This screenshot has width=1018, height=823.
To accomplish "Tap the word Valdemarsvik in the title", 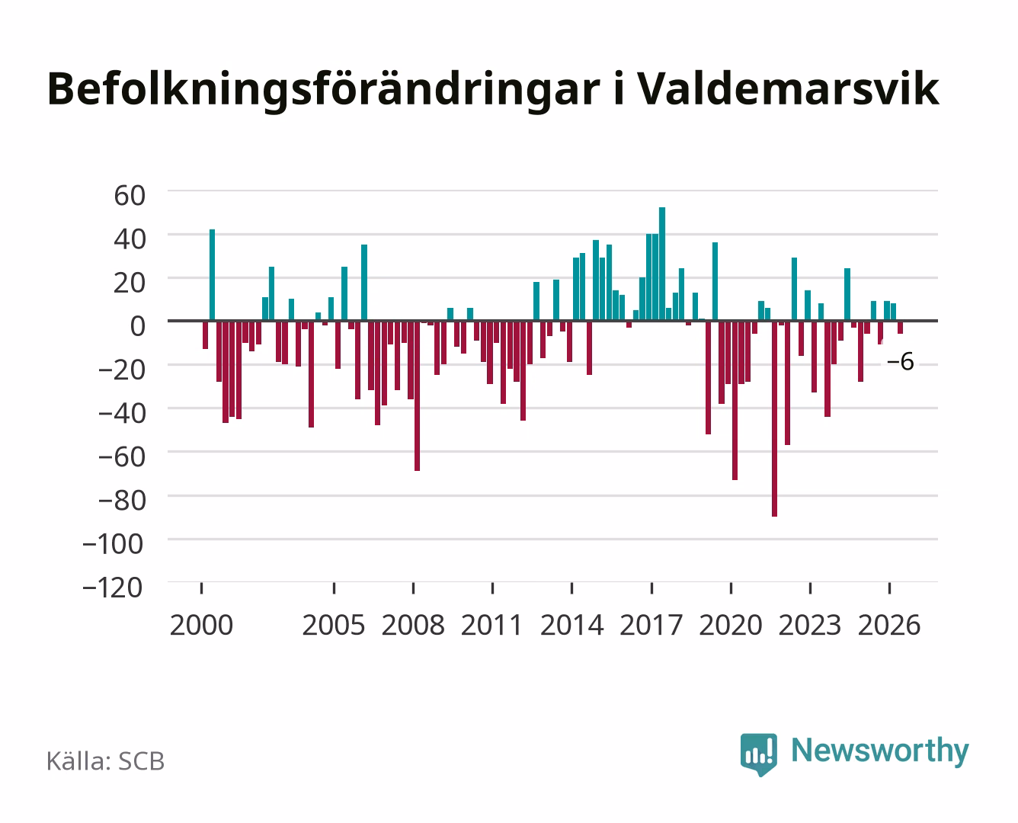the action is (789, 88).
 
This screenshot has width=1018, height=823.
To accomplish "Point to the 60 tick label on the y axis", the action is (130, 196).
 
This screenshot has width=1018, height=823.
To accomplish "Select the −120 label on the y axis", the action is (113, 588).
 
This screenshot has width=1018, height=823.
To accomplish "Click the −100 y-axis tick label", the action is (113, 544).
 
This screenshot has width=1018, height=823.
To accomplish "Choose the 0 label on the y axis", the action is (138, 326).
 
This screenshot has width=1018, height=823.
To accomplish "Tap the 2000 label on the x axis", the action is (201, 625).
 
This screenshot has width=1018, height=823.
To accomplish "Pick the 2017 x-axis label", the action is (651, 625).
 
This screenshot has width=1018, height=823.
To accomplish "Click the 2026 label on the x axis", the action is (889, 625).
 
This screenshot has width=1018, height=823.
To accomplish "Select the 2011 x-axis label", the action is (492, 625).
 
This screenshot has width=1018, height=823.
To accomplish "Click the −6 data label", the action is (901, 361).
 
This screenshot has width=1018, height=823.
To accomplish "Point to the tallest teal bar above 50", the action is (662, 264).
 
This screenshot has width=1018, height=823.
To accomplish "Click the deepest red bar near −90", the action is (774, 418).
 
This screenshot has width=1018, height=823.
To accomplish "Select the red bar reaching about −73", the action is (735, 401).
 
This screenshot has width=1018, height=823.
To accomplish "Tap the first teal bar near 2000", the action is (212, 275).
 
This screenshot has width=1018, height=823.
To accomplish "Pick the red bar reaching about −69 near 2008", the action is (418, 395).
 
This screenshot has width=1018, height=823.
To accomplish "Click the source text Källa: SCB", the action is (105, 761).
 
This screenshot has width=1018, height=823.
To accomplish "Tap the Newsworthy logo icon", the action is (758, 754).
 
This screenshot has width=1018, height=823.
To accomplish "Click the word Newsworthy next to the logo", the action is (880, 751).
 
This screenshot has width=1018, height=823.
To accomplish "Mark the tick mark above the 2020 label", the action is (731, 588).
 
